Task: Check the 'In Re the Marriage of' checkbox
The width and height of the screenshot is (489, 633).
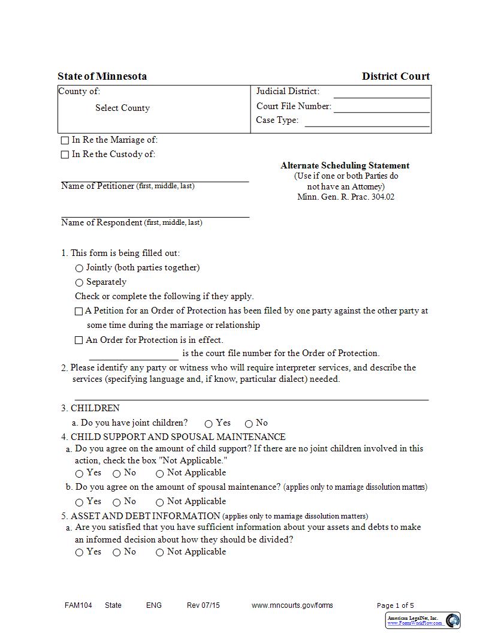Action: pos(65,140)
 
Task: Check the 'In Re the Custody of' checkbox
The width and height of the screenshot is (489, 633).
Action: pos(65,155)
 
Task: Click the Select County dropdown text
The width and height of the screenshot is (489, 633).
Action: pos(122,108)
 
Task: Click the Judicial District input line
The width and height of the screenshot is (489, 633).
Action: pos(381,92)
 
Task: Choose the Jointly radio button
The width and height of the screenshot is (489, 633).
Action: pos(79,268)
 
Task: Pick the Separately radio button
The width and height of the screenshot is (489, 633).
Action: pos(79,282)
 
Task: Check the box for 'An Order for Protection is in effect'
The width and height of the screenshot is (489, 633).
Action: pos(79,340)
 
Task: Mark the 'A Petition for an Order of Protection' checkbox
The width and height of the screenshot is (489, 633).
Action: pos(79,312)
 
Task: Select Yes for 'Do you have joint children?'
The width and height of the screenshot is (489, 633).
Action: pos(209,424)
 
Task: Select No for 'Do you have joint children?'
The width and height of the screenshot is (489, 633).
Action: pos(249,424)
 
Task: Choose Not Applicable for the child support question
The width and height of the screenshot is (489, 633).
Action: pos(160,474)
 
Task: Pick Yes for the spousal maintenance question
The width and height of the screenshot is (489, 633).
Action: pos(79,502)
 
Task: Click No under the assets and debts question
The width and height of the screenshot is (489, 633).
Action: pos(117,553)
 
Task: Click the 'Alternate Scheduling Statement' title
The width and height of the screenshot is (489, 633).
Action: pos(345,165)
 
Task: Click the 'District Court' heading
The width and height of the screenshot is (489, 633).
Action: pos(396,76)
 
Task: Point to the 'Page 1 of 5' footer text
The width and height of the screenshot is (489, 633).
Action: pos(395,605)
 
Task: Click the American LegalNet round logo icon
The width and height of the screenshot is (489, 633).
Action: pos(452,620)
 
